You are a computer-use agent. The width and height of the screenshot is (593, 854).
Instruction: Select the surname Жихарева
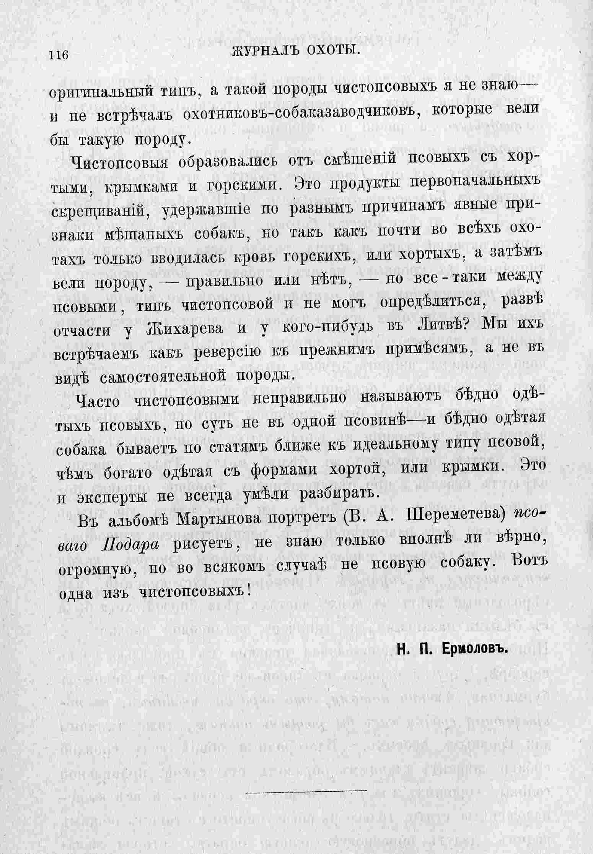[x=185, y=329]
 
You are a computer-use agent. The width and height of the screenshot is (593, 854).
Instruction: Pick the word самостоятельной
[x=161, y=377]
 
